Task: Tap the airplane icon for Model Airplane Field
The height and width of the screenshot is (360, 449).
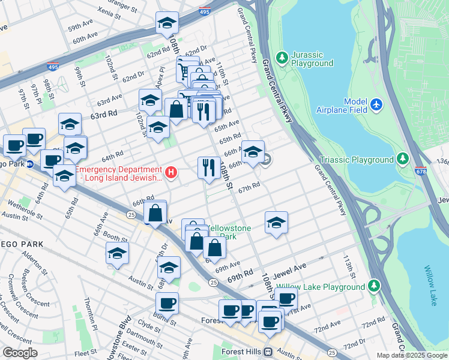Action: pos(376,104)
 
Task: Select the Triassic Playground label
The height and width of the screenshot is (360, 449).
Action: pos(356,160)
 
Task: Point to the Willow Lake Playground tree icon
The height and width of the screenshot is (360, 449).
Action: pos(375,285)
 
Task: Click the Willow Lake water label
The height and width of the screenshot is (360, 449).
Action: pos(431,286)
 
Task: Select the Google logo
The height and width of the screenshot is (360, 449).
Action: pos(19,352)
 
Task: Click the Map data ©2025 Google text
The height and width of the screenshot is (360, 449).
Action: pos(412,355)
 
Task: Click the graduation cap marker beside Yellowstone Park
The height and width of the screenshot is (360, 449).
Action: pos(276,223)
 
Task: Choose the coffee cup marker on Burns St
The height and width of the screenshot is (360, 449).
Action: pos(167,303)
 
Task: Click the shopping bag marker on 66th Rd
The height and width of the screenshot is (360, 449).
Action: pos(155,212)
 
